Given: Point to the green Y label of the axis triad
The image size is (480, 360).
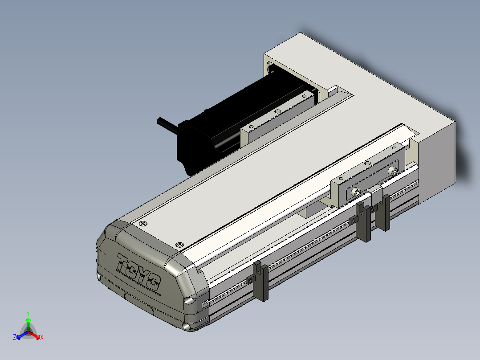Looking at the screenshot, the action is (x=28, y=313).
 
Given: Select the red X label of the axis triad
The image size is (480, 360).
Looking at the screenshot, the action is (x=42, y=337).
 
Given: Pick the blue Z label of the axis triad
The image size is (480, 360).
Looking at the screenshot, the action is (x=15, y=337).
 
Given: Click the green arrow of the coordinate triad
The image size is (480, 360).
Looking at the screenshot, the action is (x=28, y=324).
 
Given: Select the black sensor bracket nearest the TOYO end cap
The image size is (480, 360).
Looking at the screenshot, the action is (x=261, y=281).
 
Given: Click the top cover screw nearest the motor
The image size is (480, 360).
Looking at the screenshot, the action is (x=143, y=224).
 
